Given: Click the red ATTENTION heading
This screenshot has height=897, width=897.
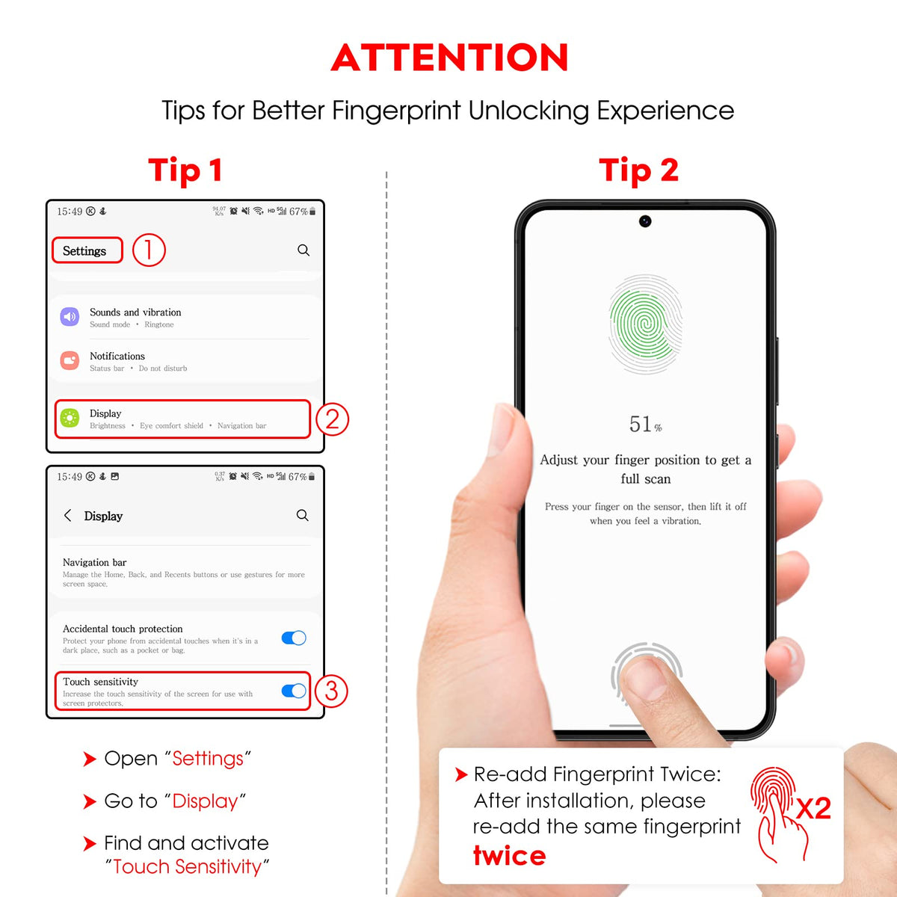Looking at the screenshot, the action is pos(449,58).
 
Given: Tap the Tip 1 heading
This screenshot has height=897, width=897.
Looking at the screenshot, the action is pos(185,170).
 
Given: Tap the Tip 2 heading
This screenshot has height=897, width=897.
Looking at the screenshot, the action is pos(638,170).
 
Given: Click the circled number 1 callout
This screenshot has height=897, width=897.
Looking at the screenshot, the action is pos(149,250).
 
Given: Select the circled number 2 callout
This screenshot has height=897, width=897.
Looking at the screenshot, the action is pos(332,419).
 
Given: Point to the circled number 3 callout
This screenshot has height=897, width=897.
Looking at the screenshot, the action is pos(331,691).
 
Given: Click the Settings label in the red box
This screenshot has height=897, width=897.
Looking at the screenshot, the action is pos(84,251).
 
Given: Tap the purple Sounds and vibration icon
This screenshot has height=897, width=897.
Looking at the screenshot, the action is pos(70,317).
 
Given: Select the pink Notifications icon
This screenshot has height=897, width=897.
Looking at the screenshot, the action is pos(70,361).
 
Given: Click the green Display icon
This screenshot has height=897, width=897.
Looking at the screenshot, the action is pos(70,418).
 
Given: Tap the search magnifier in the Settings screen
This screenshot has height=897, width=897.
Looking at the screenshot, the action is pos(303,250).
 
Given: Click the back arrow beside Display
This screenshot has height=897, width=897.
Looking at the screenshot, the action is pos(68,515).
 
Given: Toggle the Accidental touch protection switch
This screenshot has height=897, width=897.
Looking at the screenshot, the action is pos(294,638).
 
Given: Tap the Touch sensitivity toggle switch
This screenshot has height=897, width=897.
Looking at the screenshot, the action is pos(294,691).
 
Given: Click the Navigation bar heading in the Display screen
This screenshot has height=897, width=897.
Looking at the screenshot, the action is pos(94,562).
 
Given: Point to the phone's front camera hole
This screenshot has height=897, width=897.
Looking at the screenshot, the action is pos(644,221).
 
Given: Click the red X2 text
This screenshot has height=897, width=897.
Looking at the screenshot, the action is pos(813,809).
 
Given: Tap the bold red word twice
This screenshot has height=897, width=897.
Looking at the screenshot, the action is pos(509,856).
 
